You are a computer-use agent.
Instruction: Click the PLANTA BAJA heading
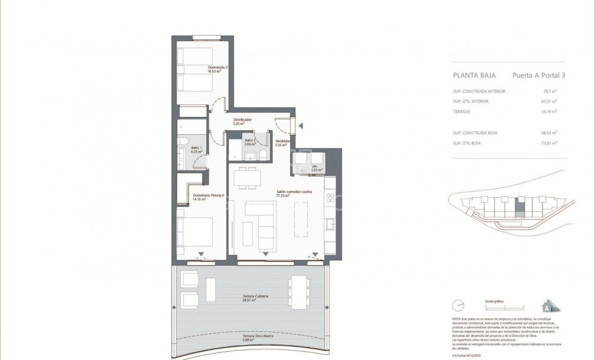click(x=472, y=76)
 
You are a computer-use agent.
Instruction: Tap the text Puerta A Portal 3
click(x=538, y=76)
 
